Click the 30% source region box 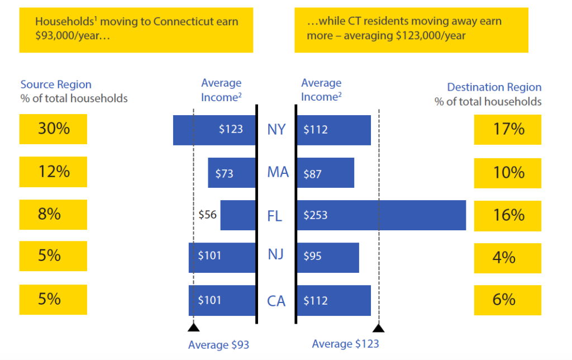click(x=53, y=129)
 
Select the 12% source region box click(x=53, y=172)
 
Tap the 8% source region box click(x=53, y=214)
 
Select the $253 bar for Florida click(x=381, y=215)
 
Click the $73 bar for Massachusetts click(x=231, y=173)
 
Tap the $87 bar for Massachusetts click(x=325, y=173)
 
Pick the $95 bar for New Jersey click(x=327, y=258)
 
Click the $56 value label click(x=207, y=215)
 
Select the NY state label click(x=276, y=130)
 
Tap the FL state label click(x=275, y=216)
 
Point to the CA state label click(x=276, y=301)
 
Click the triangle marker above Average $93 click(x=193, y=328)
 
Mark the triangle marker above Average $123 click(x=379, y=328)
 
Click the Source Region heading click(x=56, y=85)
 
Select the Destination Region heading click(x=494, y=88)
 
